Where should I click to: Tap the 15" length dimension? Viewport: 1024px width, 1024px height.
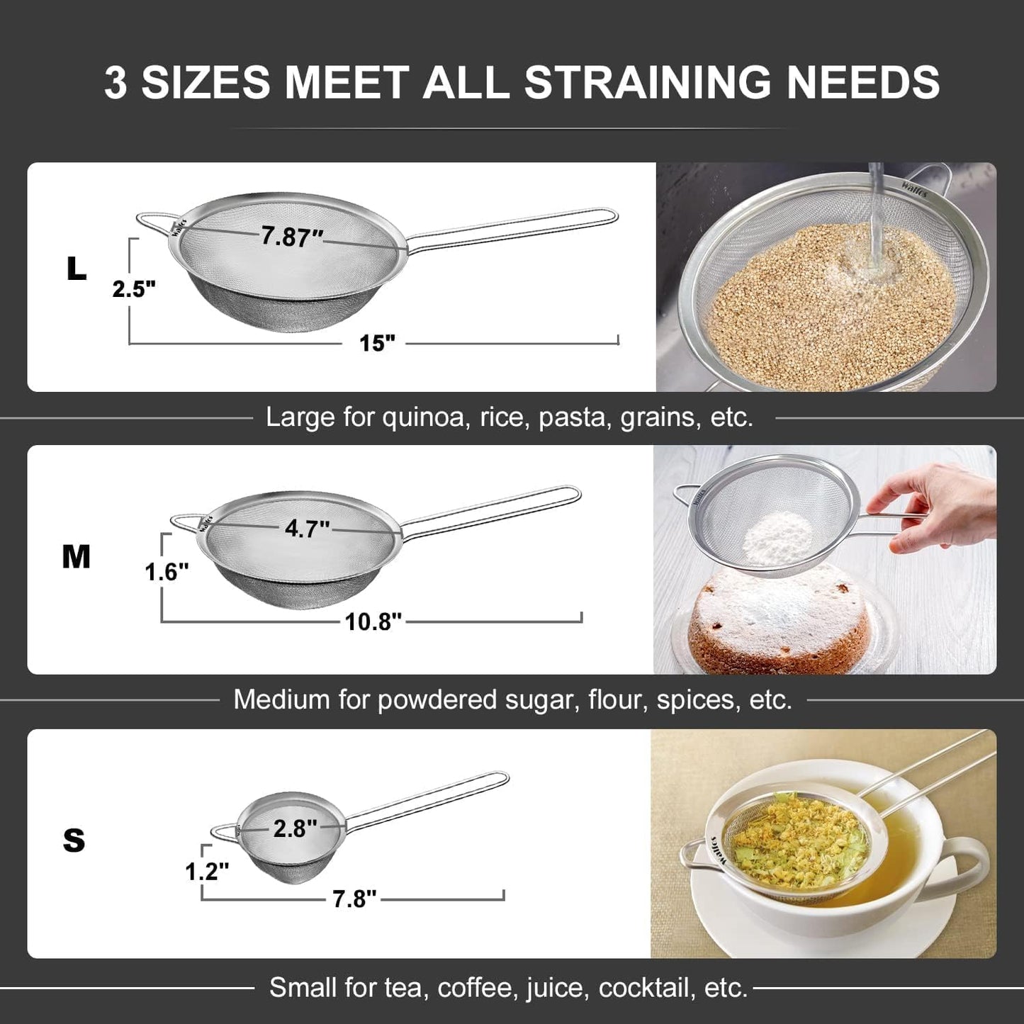(376, 344)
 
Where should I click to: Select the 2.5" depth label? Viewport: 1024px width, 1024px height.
(134, 289)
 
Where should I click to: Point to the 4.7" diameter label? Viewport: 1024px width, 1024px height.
(307, 529)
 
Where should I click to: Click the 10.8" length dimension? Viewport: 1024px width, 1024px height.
(373, 621)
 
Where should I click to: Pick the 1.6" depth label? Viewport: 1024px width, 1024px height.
(167, 571)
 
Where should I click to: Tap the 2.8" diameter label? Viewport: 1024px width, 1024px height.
(296, 828)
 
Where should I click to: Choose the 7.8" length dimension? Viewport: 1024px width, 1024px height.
(354, 899)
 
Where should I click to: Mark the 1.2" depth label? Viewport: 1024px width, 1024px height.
(207, 871)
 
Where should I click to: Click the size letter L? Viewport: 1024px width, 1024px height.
(76, 269)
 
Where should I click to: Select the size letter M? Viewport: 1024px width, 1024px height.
(76, 558)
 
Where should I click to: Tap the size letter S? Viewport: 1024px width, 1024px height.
(74, 840)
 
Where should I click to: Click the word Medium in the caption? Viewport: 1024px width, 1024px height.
(281, 700)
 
